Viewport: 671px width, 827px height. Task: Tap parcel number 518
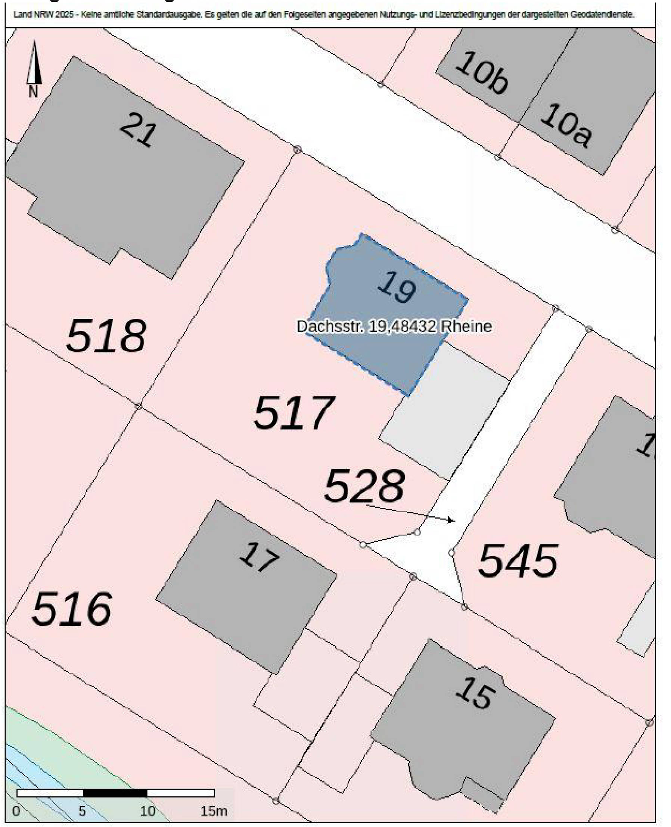pos(106,336)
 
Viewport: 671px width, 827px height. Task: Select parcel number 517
pos(294,413)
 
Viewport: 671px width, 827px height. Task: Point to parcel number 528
pos(364,486)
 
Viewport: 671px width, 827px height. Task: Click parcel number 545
pos(518,561)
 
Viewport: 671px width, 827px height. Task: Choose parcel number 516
pos(72,609)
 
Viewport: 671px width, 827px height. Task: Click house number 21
pos(139,129)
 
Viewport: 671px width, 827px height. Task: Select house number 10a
pos(565,125)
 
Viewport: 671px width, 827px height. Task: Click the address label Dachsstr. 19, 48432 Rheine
pos(394,327)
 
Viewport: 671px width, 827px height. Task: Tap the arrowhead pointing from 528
pos(451,520)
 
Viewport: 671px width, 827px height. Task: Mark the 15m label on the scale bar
pos(213,811)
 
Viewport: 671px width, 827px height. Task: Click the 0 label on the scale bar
pos(16,811)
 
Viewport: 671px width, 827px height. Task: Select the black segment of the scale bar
pos(115,793)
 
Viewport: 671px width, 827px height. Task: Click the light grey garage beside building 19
pos(444,411)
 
